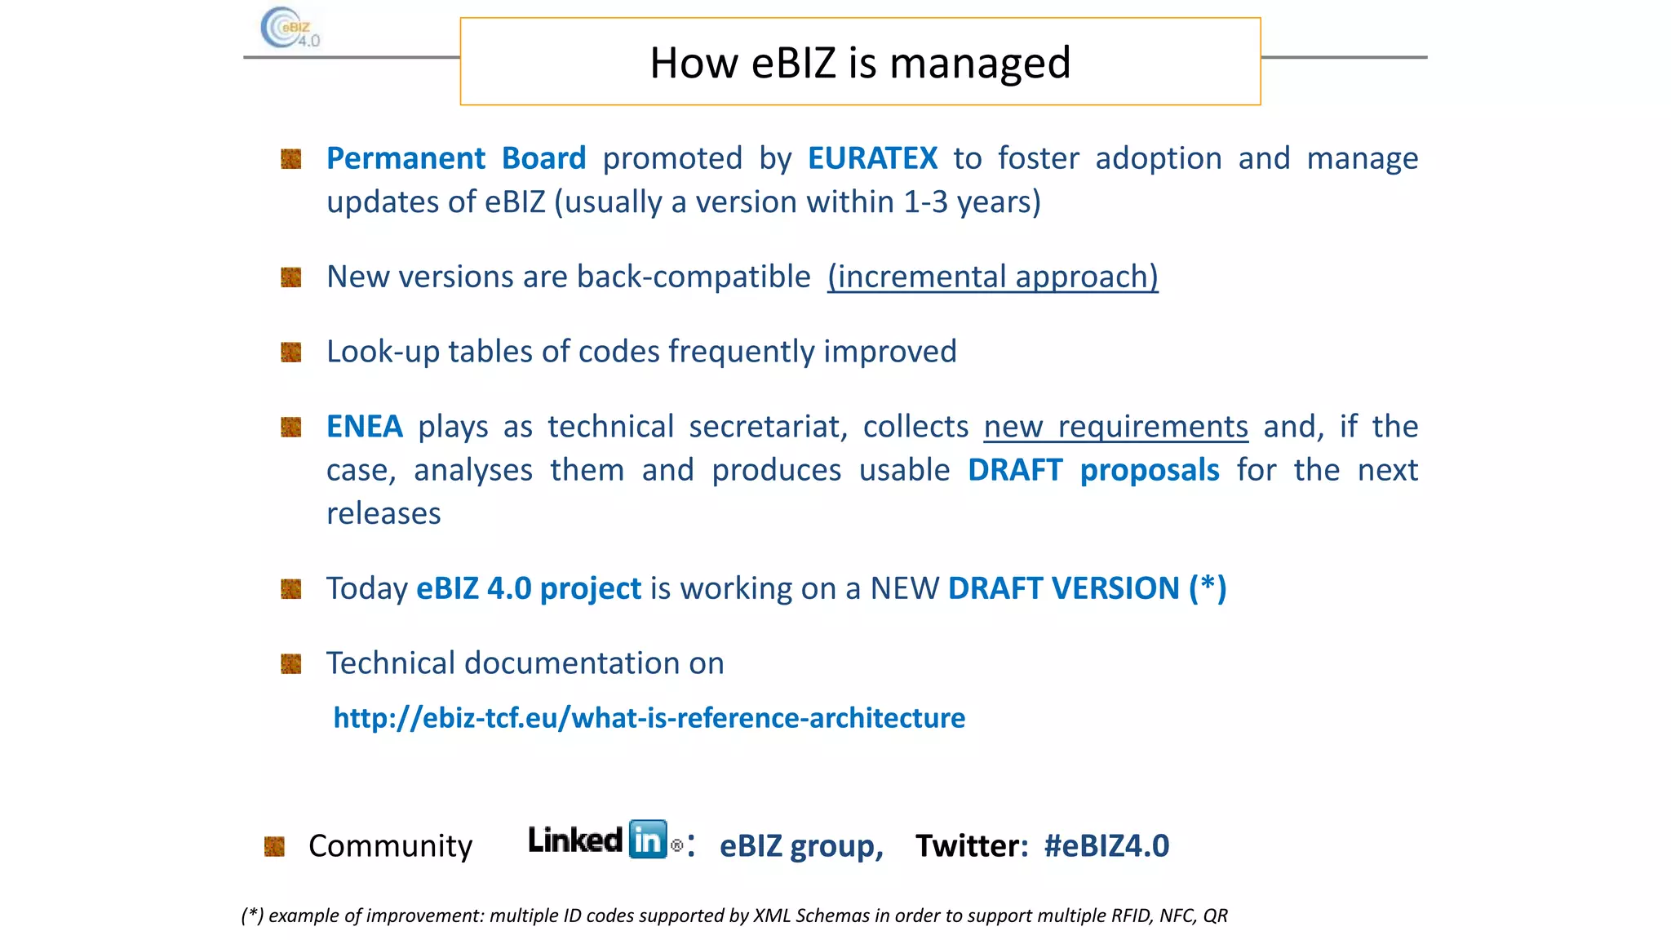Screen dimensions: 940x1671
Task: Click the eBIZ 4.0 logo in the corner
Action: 290,29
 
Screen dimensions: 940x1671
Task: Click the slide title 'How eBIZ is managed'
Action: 859,63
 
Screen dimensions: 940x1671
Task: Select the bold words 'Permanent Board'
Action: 456,158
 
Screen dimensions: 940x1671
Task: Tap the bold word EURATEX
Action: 872,158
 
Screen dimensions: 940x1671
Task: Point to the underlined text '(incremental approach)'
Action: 992,277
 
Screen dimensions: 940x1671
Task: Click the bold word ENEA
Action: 364,427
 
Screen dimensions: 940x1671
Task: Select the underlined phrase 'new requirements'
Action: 1115,427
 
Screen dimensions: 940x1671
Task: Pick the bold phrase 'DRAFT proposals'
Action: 1093,470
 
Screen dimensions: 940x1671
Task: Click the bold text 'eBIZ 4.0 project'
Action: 529,588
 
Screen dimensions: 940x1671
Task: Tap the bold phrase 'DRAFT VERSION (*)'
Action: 1087,588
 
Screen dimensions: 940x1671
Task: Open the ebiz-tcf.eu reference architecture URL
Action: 649,718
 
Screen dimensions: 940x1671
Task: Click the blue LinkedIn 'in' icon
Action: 648,840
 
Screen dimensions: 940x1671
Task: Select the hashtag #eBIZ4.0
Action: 1106,846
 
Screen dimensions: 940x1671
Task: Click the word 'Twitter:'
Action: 971,846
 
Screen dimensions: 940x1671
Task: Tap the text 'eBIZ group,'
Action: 801,846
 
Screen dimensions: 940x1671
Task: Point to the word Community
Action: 390,846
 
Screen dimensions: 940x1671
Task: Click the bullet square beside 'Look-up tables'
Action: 291,352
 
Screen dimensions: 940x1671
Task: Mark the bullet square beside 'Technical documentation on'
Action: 291,664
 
